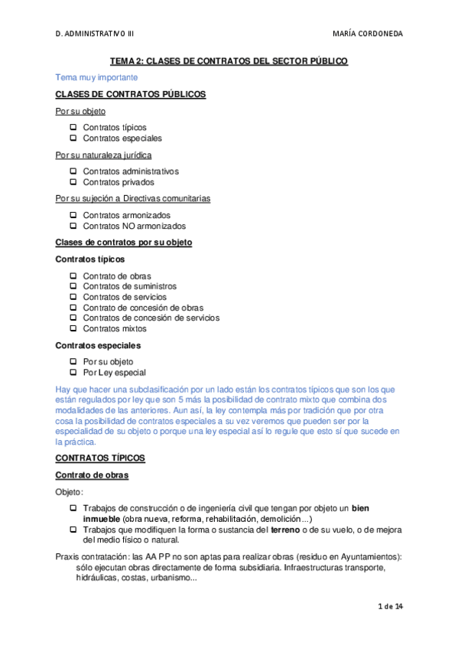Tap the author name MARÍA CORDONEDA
click(x=369, y=34)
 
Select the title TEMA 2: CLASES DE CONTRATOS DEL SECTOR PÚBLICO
click(x=229, y=60)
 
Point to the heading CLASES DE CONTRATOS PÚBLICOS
click(x=131, y=94)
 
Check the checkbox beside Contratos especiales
click(x=73, y=139)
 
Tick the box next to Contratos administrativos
click(x=73, y=171)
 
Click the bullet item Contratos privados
click(x=119, y=182)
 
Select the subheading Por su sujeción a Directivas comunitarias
click(x=133, y=198)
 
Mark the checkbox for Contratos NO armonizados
click(x=73, y=226)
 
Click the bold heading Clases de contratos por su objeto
click(x=124, y=243)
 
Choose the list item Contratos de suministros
click(x=124, y=286)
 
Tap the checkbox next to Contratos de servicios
click(x=73, y=297)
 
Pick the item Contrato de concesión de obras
click(x=143, y=308)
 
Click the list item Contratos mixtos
click(x=115, y=329)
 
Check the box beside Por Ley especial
click(x=73, y=373)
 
